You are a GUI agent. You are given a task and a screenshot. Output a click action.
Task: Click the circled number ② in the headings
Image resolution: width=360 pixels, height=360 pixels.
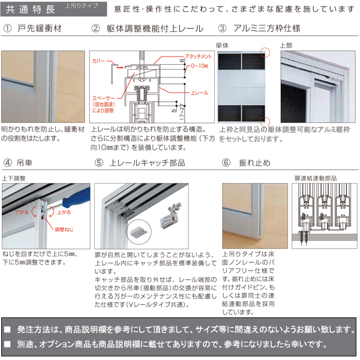[x=95, y=29]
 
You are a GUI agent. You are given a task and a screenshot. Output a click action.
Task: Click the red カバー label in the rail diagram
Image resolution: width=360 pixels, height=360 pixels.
[x=100, y=61]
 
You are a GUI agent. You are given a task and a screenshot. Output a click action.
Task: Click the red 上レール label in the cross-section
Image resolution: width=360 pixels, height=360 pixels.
[x=199, y=94]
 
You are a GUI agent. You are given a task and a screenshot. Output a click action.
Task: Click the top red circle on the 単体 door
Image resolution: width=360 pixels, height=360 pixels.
[x=266, y=53]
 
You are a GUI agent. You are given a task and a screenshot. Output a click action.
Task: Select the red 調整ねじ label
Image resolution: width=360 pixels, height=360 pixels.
[x=63, y=229]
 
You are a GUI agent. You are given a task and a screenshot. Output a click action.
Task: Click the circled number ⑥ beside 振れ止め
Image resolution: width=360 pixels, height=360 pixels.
[x=226, y=163]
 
